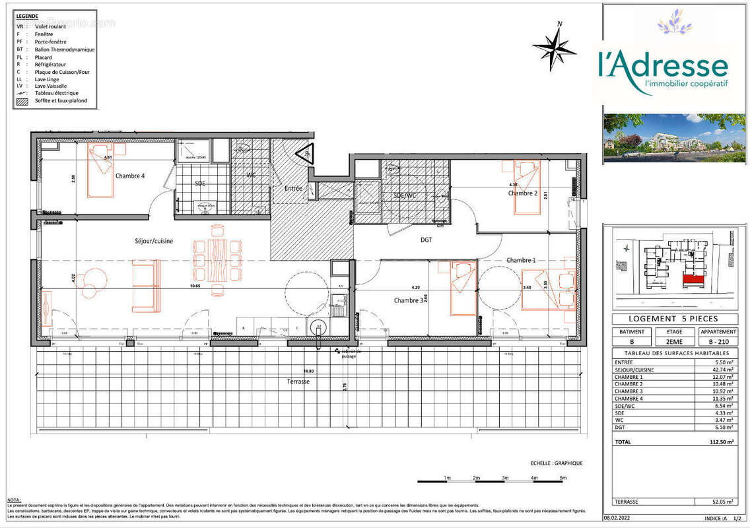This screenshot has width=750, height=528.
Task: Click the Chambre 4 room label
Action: click(x=130, y=176)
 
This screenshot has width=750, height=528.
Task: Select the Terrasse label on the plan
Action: click(x=298, y=382)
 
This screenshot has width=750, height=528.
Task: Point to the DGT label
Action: click(x=426, y=240)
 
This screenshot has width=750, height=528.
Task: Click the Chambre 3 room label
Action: click(x=408, y=301)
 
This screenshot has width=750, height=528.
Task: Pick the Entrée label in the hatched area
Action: click(x=293, y=189)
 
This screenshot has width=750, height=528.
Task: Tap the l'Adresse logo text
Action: click(x=663, y=68)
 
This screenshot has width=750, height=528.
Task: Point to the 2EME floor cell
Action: click(x=675, y=342)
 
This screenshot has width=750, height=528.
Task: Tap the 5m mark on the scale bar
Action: click(x=562, y=477)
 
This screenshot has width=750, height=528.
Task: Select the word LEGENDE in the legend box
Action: click(x=27, y=16)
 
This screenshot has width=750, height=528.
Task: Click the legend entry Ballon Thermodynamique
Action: click(x=65, y=49)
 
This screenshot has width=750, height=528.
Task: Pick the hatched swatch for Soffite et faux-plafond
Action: click(x=22, y=101)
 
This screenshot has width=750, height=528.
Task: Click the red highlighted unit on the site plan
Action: click(x=692, y=280)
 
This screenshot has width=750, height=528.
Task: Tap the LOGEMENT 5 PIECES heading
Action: click(x=674, y=319)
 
